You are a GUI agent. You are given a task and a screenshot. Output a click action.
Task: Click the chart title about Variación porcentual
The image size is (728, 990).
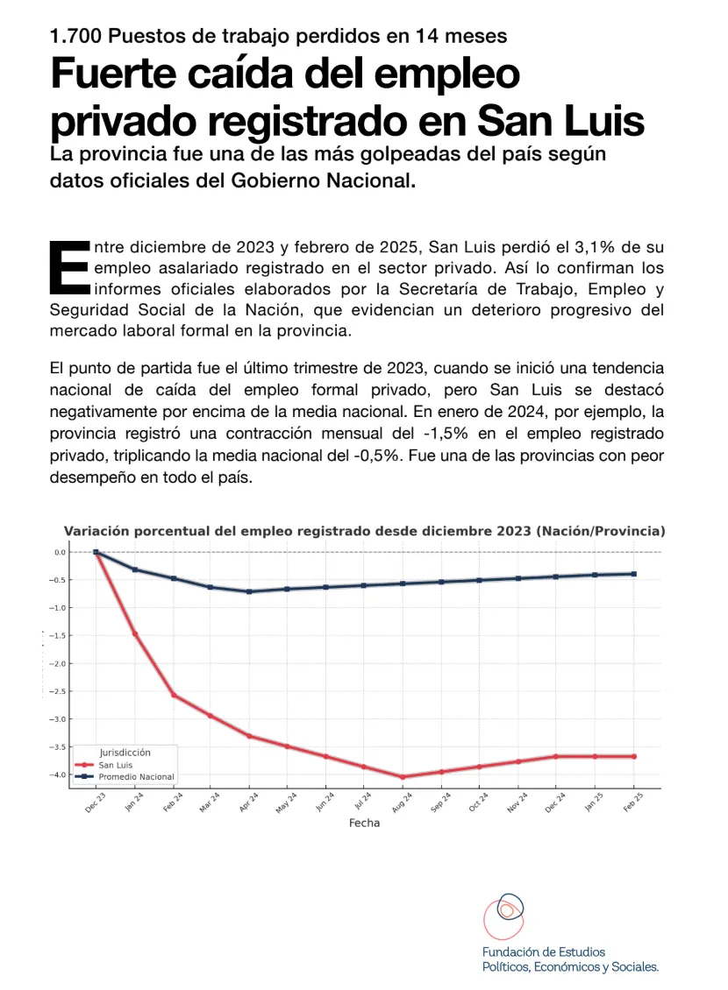[364, 531]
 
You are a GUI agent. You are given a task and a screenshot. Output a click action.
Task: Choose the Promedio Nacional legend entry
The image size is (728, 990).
[135, 777]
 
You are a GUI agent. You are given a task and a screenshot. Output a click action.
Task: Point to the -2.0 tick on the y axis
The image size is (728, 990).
[60, 663]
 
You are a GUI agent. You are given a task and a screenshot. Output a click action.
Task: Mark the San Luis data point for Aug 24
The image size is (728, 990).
[403, 777]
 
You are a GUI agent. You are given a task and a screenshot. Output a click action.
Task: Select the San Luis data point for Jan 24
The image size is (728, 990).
[135, 634]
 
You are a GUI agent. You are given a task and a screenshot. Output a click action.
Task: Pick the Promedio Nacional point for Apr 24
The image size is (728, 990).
[250, 591]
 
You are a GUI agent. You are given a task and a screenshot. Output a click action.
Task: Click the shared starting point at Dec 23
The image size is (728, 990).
[96, 552]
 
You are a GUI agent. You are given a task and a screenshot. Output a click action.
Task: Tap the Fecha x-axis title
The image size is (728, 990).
[364, 824]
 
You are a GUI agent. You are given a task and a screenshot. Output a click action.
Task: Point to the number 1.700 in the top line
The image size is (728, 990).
[78, 37]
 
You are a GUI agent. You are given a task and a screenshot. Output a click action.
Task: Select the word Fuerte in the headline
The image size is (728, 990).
[115, 74]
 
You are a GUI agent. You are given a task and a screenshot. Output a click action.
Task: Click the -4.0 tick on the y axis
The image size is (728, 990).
[60, 774]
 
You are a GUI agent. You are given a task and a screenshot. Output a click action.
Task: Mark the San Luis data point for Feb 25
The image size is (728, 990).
[633, 756]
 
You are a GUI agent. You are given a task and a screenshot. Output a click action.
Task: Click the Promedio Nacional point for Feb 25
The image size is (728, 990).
[633, 574]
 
